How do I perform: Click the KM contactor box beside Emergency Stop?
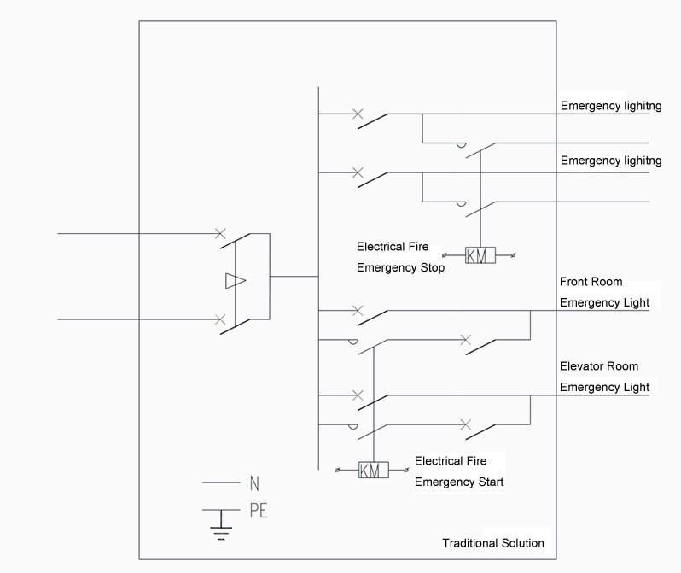tap(480, 255)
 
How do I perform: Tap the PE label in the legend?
tap(259, 511)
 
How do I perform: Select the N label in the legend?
tap(254, 483)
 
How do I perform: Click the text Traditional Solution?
tap(492, 543)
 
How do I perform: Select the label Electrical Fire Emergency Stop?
tap(400, 257)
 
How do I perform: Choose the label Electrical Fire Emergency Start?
tap(459, 471)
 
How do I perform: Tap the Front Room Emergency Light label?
tap(604, 292)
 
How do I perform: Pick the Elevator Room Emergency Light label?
tap(604, 377)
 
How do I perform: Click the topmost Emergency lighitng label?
tap(611, 106)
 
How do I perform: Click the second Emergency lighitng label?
tap(611, 161)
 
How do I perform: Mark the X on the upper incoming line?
tap(221, 232)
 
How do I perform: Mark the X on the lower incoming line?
tap(221, 319)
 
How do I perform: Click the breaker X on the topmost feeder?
tap(358, 114)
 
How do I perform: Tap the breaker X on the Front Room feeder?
tap(358, 311)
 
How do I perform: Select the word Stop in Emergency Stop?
tap(431, 268)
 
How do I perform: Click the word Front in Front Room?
tap(574, 282)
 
